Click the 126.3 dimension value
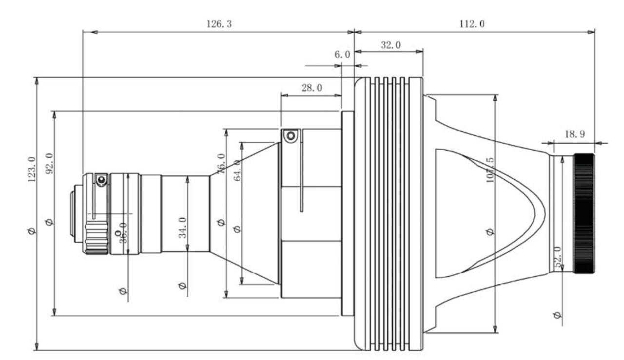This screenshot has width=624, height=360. (x=216, y=23)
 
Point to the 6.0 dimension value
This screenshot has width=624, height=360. (x=342, y=55)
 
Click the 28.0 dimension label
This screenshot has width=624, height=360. (x=311, y=88)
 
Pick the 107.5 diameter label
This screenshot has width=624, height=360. (x=490, y=171)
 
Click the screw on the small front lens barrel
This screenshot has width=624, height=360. (x=101, y=181)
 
